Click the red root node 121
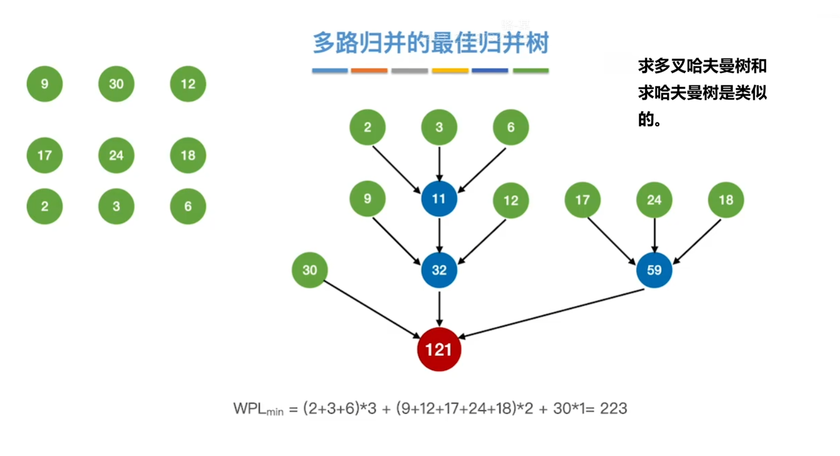pyautogui.click(x=438, y=349)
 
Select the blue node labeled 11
pyautogui.click(x=438, y=199)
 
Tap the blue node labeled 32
pyautogui.click(x=438, y=270)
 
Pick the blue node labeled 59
pyautogui.click(x=654, y=270)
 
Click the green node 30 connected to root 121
pyautogui.click(x=309, y=270)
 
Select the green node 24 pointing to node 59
pyautogui.click(x=654, y=200)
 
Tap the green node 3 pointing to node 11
pyautogui.click(x=438, y=127)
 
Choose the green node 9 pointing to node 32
pyautogui.click(x=367, y=199)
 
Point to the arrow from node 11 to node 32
pyautogui.click(x=439, y=235)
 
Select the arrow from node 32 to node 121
pyautogui.click(x=439, y=308)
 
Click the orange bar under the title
pyautogui.click(x=369, y=70)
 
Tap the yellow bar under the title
pyautogui.click(x=449, y=70)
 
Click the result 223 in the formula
pyautogui.click(x=613, y=409)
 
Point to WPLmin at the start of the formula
pyautogui.click(x=258, y=409)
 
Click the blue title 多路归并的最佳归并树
pyautogui.click(x=431, y=43)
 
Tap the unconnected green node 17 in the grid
pyautogui.click(x=45, y=155)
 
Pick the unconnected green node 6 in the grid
pyautogui.click(x=188, y=207)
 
